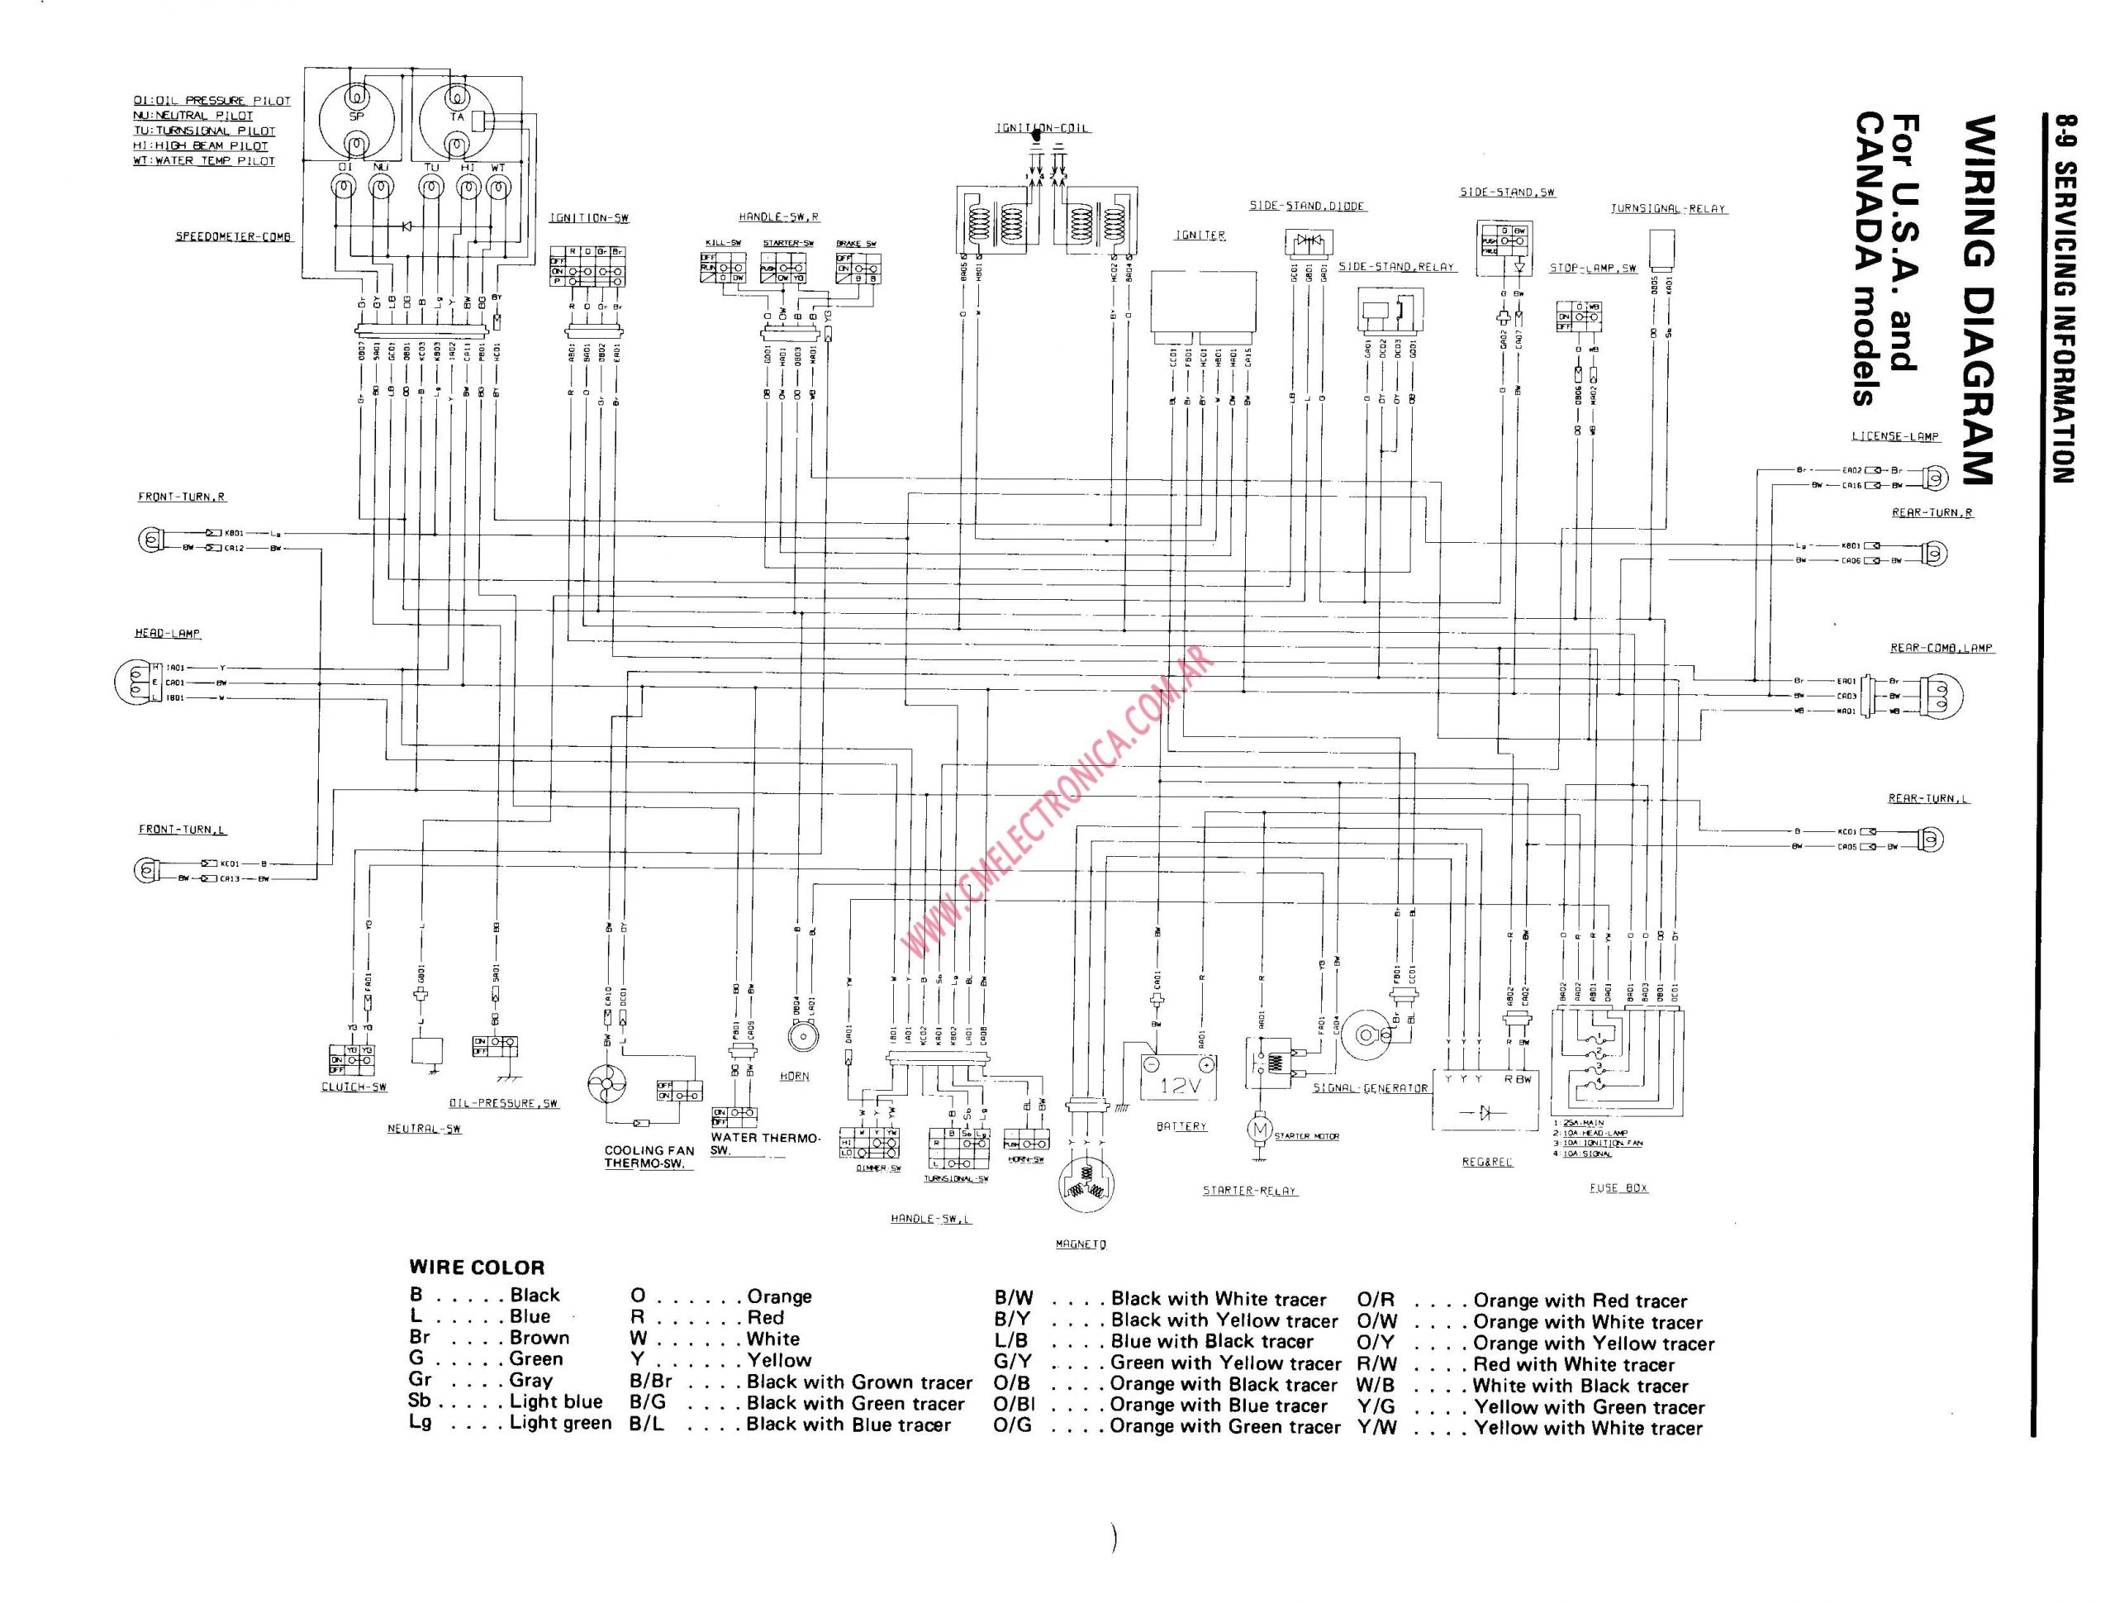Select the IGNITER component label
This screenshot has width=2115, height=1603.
click(x=1200, y=235)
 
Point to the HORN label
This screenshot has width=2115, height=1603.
click(x=794, y=1076)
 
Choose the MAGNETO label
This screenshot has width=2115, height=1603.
click(x=1081, y=1244)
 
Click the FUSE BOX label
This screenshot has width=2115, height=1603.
click(x=1618, y=1188)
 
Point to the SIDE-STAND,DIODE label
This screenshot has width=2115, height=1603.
click(x=1307, y=207)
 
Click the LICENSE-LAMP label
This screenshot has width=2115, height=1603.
click(x=1894, y=436)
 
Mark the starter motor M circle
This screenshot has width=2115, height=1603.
click(x=1259, y=1130)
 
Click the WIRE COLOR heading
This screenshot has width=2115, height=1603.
click(x=476, y=1268)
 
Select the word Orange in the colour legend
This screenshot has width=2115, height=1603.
click(x=779, y=1297)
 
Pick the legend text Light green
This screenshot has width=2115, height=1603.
click(x=560, y=1422)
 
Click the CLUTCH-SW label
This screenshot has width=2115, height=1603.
click(x=354, y=1087)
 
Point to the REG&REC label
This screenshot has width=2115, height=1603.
click(x=1487, y=1162)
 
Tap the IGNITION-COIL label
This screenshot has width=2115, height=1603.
click(x=1042, y=128)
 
